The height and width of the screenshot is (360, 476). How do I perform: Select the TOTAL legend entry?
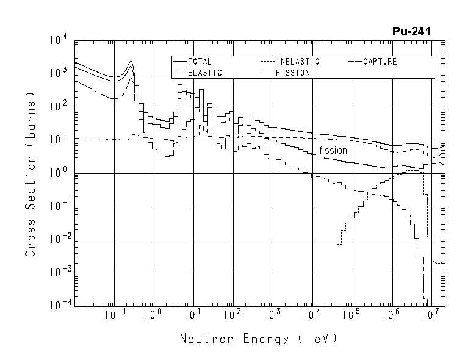point(198,62)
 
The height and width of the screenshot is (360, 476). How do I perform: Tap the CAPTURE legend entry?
point(380,62)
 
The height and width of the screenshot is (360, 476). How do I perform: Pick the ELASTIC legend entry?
point(204,73)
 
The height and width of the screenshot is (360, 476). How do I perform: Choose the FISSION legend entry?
point(293,73)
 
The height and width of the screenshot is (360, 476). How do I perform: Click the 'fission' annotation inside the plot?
point(333,150)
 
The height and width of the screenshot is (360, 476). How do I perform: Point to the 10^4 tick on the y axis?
point(59,40)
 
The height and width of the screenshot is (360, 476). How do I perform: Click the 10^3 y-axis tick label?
point(59,73)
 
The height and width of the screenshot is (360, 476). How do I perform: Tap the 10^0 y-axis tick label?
point(59,173)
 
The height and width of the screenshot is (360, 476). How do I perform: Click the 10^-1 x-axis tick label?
point(114,314)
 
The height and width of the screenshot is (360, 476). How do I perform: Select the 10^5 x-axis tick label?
point(352,314)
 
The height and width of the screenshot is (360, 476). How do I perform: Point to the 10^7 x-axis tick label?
point(431,314)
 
